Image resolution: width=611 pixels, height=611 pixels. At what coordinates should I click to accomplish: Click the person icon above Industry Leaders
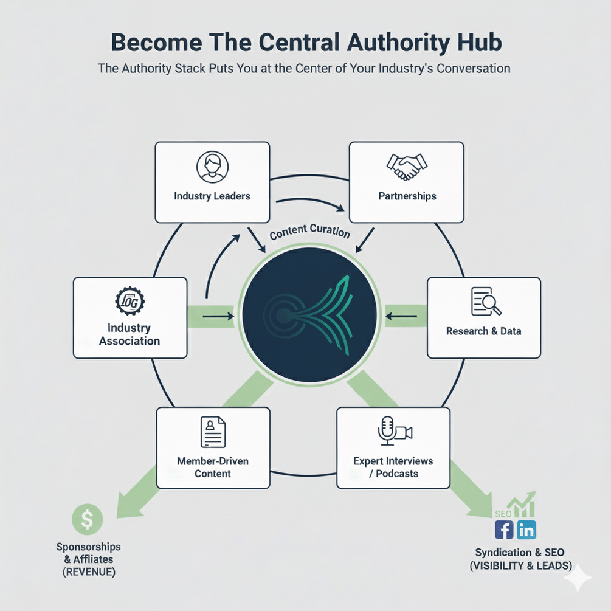coord(212,167)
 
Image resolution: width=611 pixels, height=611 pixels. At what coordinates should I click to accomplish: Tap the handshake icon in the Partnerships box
coord(407,167)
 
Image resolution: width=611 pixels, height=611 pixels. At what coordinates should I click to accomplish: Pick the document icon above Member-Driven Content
coord(213,432)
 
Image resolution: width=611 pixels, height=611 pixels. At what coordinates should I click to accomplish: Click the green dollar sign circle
coord(87,519)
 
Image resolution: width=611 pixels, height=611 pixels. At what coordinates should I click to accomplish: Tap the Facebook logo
coord(505,530)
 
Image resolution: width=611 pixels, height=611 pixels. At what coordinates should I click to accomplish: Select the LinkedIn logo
coord(526,530)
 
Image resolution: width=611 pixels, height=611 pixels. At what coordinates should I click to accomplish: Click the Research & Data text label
coord(483,331)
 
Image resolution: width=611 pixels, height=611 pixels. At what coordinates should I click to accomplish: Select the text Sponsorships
coord(88,547)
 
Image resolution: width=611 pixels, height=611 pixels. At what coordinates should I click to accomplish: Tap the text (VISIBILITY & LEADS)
coord(520,566)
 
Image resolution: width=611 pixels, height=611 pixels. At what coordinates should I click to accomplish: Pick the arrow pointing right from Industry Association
coord(218,316)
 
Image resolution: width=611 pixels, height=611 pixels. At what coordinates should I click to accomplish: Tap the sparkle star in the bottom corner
coord(578,578)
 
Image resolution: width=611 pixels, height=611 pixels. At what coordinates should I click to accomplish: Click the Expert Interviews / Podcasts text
coord(393,467)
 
